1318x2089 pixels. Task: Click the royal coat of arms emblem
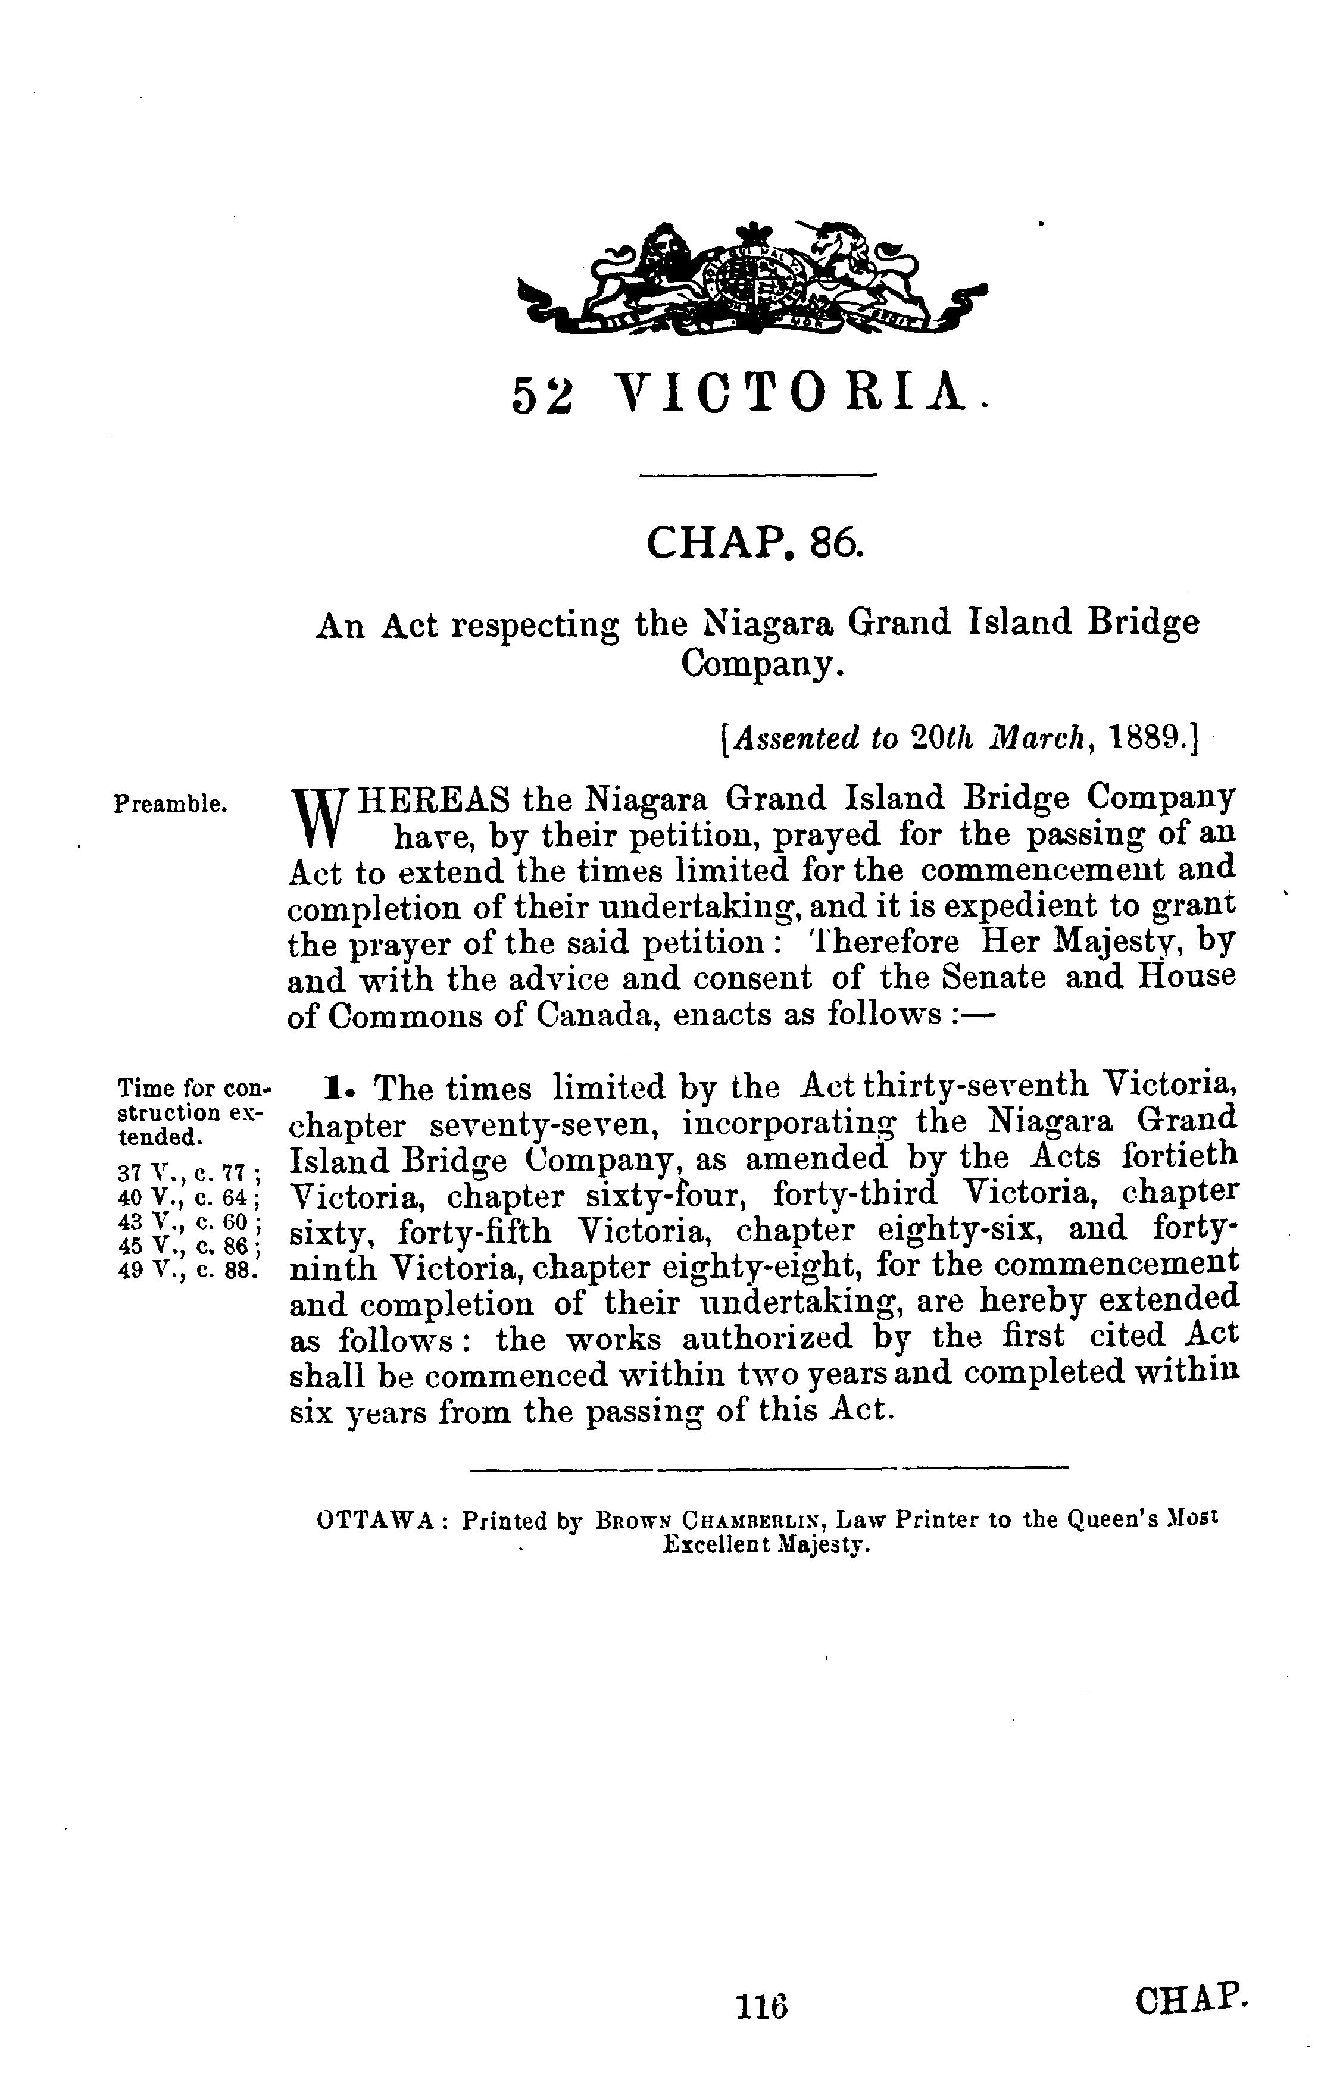click(751, 277)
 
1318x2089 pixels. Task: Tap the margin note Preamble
click(171, 804)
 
